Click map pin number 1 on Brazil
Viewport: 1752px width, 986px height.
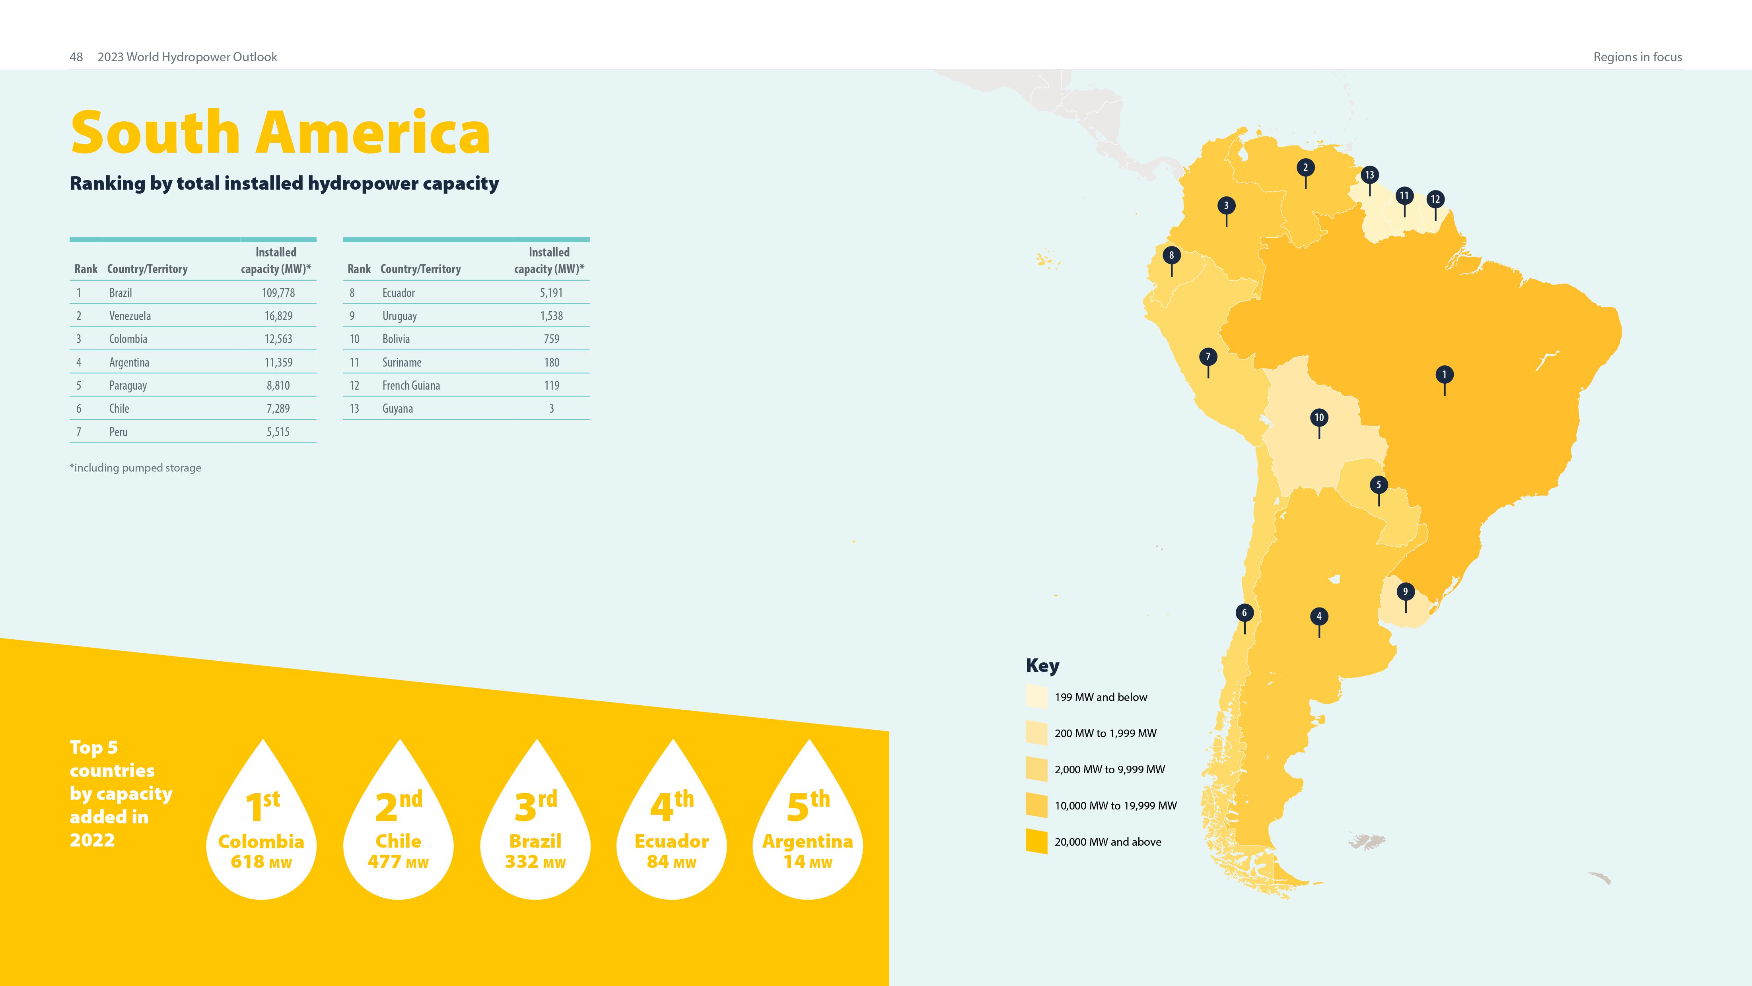click(x=1444, y=375)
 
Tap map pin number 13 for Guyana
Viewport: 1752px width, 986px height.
click(x=1369, y=175)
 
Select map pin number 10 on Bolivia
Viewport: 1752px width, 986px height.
click(x=1319, y=417)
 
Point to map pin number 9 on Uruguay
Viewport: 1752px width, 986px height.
click(x=1405, y=592)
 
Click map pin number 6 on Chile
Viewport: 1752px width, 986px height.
click(x=1244, y=613)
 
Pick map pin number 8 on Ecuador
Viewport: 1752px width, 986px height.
click(x=1171, y=256)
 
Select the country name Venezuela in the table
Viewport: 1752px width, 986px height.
click(x=130, y=316)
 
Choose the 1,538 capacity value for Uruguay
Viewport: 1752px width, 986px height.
click(x=552, y=316)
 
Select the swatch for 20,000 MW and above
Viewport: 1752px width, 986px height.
click(x=1036, y=841)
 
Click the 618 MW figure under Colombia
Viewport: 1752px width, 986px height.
click(x=261, y=862)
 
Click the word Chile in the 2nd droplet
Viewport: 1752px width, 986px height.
click(x=399, y=841)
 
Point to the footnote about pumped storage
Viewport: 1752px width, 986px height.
click(x=135, y=468)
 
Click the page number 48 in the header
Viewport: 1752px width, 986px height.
click(x=76, y=57)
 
